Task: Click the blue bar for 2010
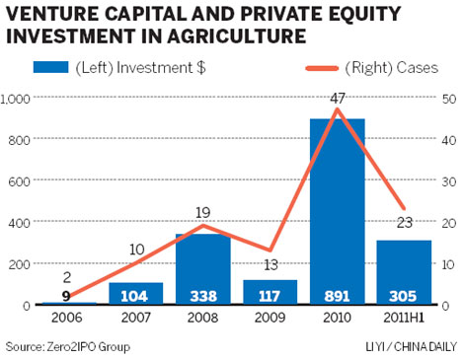click(x=337, y=212)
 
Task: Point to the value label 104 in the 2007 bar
click(x=135, y=294)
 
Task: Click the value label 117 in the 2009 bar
click(x=270, y=294)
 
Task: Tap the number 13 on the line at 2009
click(x=270, y=263)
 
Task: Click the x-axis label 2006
click(x=68, y=321)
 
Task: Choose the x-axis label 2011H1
click(x=404, y=321)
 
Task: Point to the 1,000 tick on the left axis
click(x=16, y=100)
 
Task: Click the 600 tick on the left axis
click(x=20, y=182)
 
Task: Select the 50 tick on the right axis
click(x=449, y=100)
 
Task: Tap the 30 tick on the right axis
click(x=449, y=182)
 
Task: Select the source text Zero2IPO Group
click(x=87, y=347)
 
